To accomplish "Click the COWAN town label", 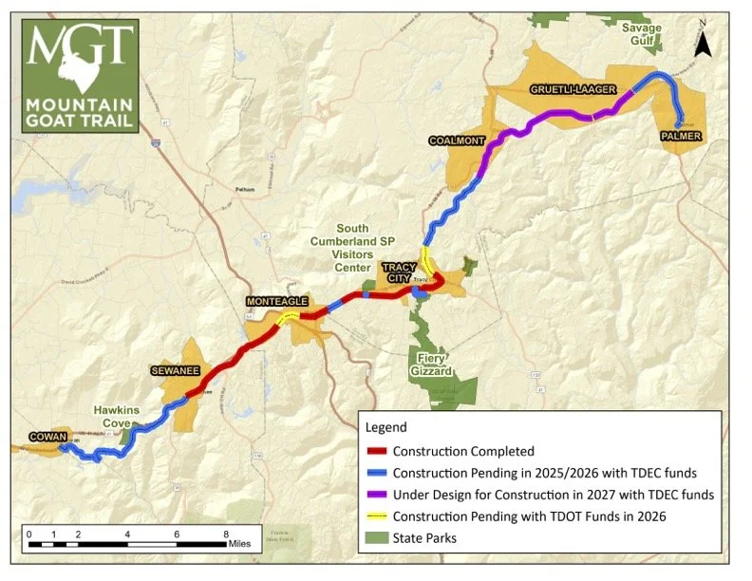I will [47, 437].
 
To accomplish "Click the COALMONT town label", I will [457, 141].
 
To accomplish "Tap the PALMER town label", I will [682, 137].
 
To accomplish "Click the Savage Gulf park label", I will [642, 33].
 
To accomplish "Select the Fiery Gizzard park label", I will [432, 364].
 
